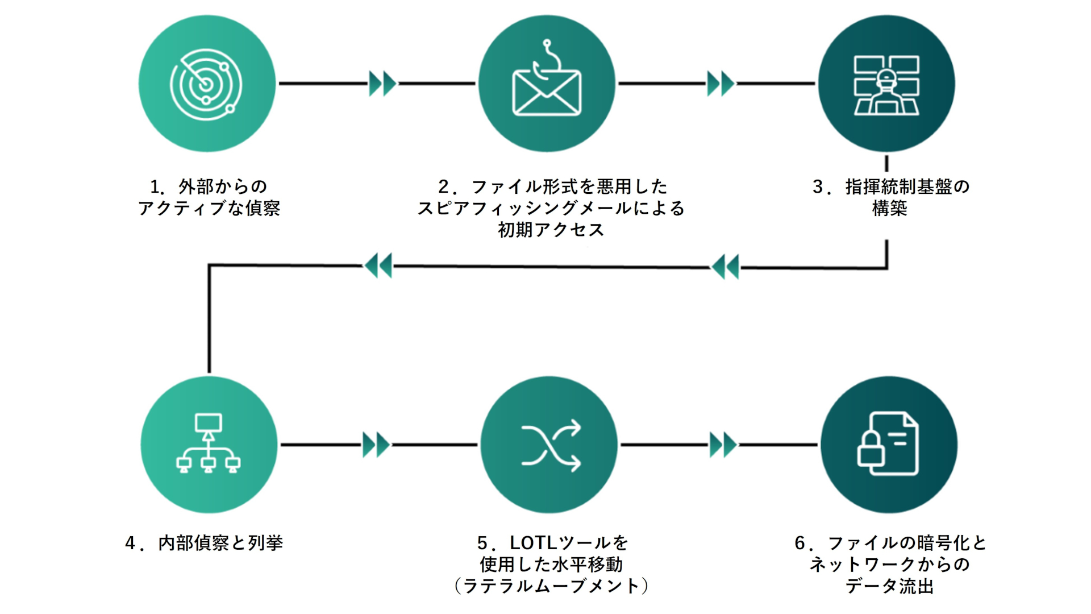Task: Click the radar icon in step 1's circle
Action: point(206,84)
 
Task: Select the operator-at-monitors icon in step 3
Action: point(886,85)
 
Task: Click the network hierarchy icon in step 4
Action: point(209,443)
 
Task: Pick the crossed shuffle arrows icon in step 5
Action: point(551,445)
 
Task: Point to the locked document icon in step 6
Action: point(888,443)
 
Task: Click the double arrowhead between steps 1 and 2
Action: point(382,84)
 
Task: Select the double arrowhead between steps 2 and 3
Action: point(721,84)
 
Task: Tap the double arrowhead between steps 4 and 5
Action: point(376,445)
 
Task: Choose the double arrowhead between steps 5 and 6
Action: point(723,445)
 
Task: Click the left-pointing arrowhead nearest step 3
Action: point(726,267)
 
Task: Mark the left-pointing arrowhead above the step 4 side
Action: point(378,265)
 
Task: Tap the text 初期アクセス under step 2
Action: point(551,230)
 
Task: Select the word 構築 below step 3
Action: point(890,208)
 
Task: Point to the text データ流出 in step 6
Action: point(890,586)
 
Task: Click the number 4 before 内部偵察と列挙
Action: point(130,543)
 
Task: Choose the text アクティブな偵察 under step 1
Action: point(209,208)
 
